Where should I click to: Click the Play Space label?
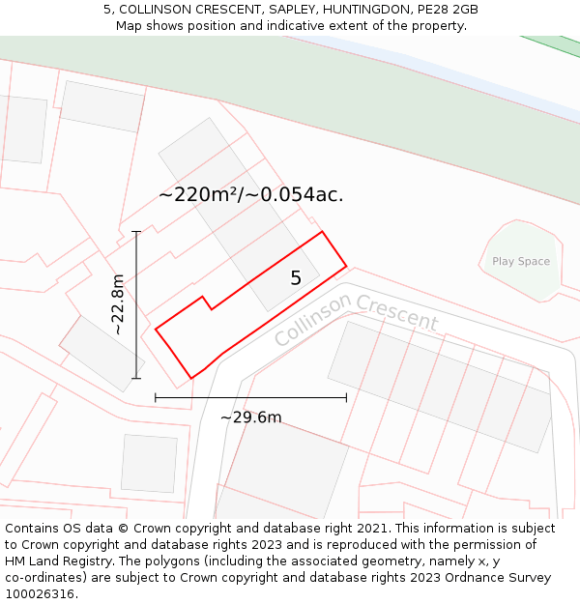point(520,262)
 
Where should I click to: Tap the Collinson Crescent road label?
point(356,320)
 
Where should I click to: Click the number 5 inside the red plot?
point(296,278)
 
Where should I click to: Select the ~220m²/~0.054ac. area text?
point(251,194)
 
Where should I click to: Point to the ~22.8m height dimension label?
point(118,304)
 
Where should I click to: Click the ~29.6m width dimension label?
point(250,417)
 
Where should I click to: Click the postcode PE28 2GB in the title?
point(447,10)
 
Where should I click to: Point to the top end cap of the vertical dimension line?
point(136,232)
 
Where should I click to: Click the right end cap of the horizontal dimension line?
point(346,397)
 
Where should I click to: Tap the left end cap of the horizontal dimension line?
point(155,397)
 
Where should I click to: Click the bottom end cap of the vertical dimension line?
point(136,378)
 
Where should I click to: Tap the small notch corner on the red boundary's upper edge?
point(202,297)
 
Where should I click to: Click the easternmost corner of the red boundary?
point(346,266)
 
